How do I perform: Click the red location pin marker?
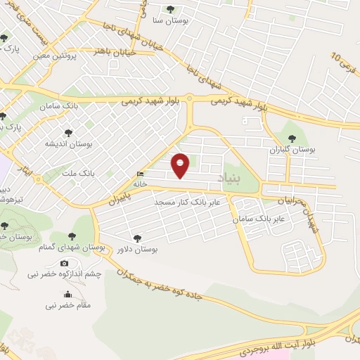coord(181,165)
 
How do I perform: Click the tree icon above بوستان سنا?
coord(171,9)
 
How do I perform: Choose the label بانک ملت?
coord(98,172)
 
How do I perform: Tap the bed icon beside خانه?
coord(141,174)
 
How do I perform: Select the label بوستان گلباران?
coord(294,150)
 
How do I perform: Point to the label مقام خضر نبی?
coord(68,305)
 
